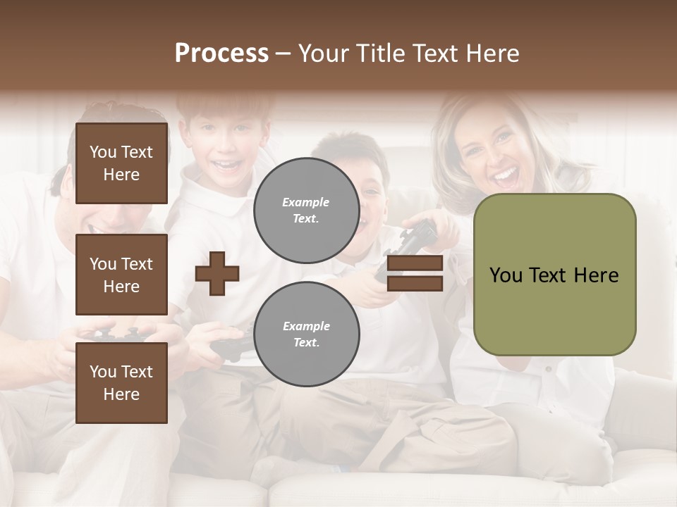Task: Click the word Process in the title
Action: (x=221, y=54)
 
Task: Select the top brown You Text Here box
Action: (x=121, y=163)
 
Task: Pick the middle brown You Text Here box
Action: (x=121, y=275)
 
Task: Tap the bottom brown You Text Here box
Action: (x=121, y=383)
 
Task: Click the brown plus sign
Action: (x=217, y=273)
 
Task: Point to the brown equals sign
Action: (x=415, y=273)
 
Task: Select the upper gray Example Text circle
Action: (x=306, y=211)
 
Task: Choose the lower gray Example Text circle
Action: (x=306, y=334)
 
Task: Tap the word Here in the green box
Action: (x=596, y=275)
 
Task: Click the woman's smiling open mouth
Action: (x=505, y=175)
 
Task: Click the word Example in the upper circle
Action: (x=306, y=202)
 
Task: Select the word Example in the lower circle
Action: (x=306, y=326)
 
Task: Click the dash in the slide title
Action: (x=283, y=54)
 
